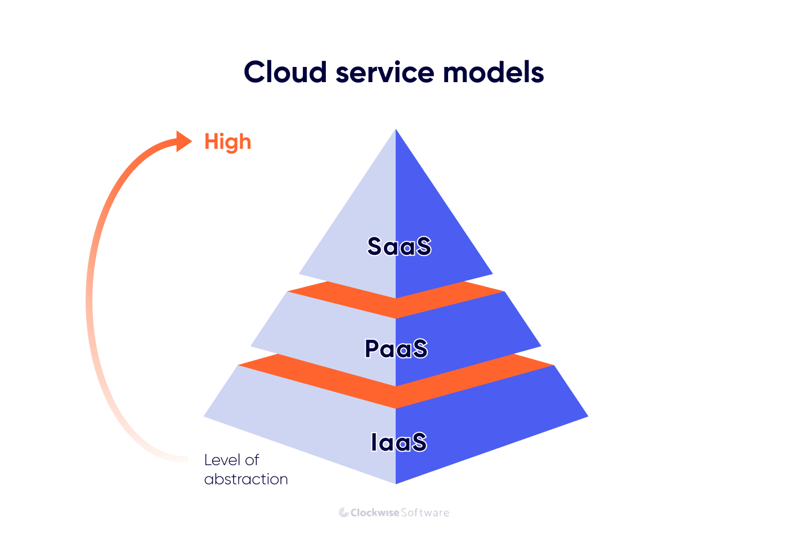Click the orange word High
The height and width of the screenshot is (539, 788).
tap(227, 142)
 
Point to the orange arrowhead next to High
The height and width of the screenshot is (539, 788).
tap(183, 141)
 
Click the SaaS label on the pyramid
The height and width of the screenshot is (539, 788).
tap(399, 246)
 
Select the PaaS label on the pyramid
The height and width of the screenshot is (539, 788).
tap(396, 349)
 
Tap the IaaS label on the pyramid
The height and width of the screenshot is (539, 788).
tap(399, 442)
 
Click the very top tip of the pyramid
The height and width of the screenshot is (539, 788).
tap(396, 131)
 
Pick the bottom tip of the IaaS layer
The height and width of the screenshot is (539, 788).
tap(396, 482)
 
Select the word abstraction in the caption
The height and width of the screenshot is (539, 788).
tap(246, 479)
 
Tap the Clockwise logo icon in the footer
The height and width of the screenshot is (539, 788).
tap(343, 513)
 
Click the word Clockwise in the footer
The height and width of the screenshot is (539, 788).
tap(375, 513)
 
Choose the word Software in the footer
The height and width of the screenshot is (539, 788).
tap(425, 513)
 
